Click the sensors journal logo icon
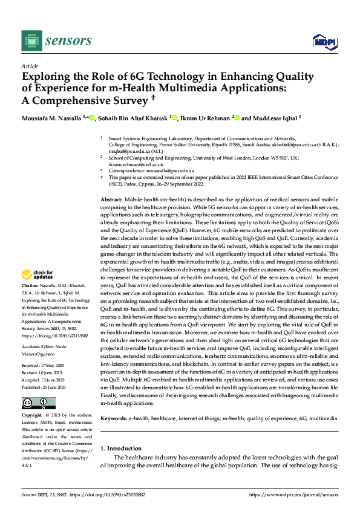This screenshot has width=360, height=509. (x=31, y=41)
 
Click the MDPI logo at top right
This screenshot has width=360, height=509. (x=324, y=41)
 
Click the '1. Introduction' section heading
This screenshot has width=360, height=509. (x=120, y=449)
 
